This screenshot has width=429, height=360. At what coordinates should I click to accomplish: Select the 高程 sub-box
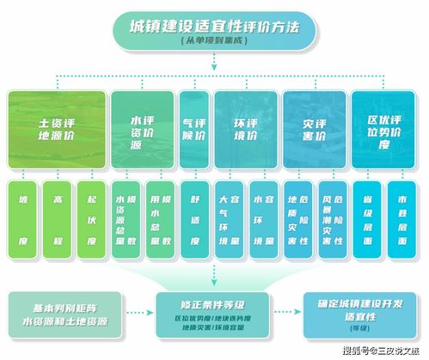(58, 219)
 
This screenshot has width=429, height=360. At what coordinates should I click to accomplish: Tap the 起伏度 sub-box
(91, 219)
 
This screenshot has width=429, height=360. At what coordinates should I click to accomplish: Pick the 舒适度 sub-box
(194, 219)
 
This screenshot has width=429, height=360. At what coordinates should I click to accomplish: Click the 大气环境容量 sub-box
(229, 219)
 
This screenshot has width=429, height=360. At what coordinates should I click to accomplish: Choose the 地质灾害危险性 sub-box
(298, 219)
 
